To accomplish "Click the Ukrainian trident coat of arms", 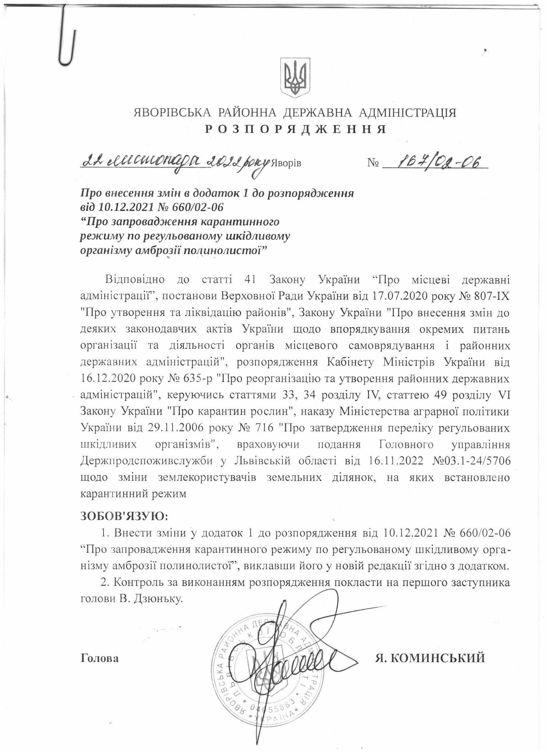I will tap(295, 77).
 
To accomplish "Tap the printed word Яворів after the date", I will tap(287, 163).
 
